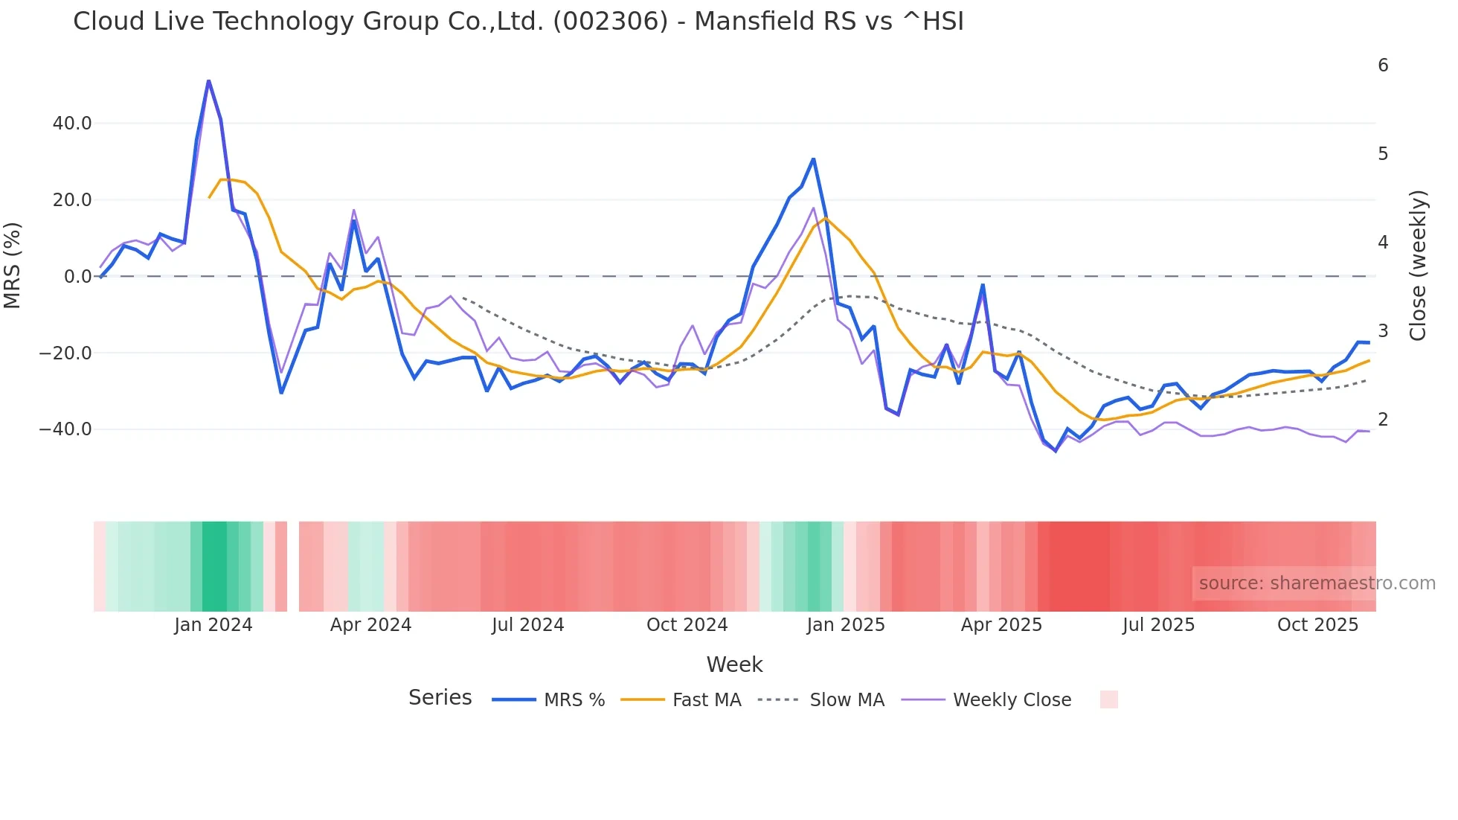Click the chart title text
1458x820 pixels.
pos(518,22)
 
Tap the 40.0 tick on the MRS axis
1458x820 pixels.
pos(72,124)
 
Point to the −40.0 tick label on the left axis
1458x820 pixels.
pos(65,429)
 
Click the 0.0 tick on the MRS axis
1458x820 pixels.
pos(77,277)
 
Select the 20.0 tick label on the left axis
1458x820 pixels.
pos(72,200)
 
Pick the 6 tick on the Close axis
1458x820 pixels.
pos(1383,65)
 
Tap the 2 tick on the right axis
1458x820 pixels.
pos(1383,420)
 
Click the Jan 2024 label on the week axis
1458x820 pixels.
pos(213,625)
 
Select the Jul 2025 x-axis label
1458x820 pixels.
pos(1158,625)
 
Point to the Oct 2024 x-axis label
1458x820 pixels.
pos(687,625)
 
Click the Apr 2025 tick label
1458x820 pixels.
pos(1001,625)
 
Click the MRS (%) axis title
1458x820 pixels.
pos(13,265)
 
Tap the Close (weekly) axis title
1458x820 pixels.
pos(1418,265)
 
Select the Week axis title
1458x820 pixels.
pos(734,664)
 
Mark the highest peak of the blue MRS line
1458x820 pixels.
pos(208,80)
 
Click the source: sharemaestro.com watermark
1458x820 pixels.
pos(1317,583)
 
